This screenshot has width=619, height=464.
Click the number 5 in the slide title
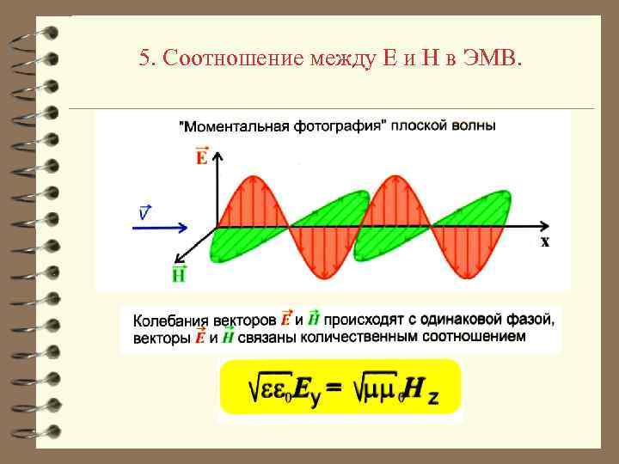click(144, 59)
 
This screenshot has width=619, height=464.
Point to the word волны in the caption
click(472, 126)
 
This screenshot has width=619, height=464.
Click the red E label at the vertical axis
click(201, 156)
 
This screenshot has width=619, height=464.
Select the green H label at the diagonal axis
click(179, 274)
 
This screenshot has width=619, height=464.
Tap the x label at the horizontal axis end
click(545, 241)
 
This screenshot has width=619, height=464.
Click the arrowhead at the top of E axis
click(218, 157)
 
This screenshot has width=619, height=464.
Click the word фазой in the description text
click(533, 320)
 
